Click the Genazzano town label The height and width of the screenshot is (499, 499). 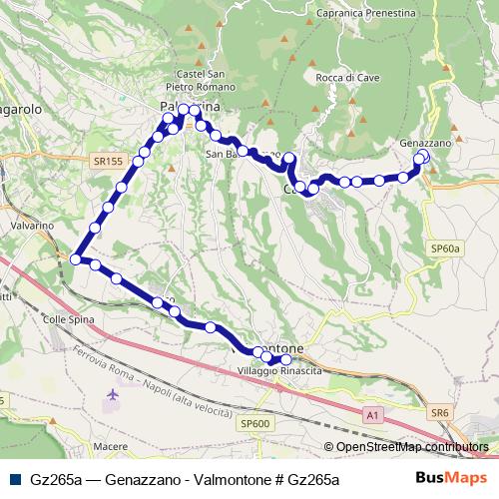pos(426,143)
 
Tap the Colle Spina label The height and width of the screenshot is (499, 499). pos(68,319)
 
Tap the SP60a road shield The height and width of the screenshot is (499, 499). pos(443,247)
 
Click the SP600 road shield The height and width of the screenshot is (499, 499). pos(255,424)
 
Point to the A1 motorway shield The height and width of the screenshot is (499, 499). pos(371,413)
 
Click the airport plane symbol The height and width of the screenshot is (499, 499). pos(111,397)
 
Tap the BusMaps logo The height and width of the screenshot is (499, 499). pos(459,479)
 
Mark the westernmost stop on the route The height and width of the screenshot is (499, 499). pos(76,259)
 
